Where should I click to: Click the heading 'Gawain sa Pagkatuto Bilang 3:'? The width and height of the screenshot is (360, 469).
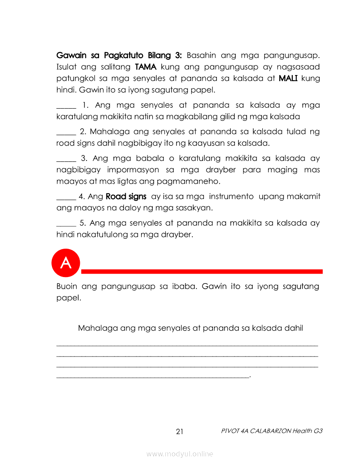pos(119,55)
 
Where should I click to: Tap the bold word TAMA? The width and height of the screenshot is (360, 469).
pos(146,67)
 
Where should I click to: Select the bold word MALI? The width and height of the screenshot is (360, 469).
pos(288,79)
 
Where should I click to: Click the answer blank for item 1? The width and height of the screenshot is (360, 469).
pos(66,107)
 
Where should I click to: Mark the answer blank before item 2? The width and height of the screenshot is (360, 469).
pos(66,134)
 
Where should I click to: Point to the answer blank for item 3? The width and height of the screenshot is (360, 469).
pos(66,160)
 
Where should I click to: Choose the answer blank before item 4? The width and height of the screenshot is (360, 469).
pos(66,199)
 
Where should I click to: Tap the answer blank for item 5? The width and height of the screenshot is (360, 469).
pos(66,225)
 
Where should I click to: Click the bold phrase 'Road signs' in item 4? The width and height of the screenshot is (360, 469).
pos(126,197)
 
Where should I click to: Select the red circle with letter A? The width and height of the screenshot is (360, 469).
pos(66,263)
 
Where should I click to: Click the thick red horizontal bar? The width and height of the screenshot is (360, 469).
pos(202,271)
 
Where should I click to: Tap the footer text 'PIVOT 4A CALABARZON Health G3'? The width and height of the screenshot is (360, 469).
pos(271,431)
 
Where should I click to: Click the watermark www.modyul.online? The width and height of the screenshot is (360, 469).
pos(180,454)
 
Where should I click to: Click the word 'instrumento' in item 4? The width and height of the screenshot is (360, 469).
pos(231,197)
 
